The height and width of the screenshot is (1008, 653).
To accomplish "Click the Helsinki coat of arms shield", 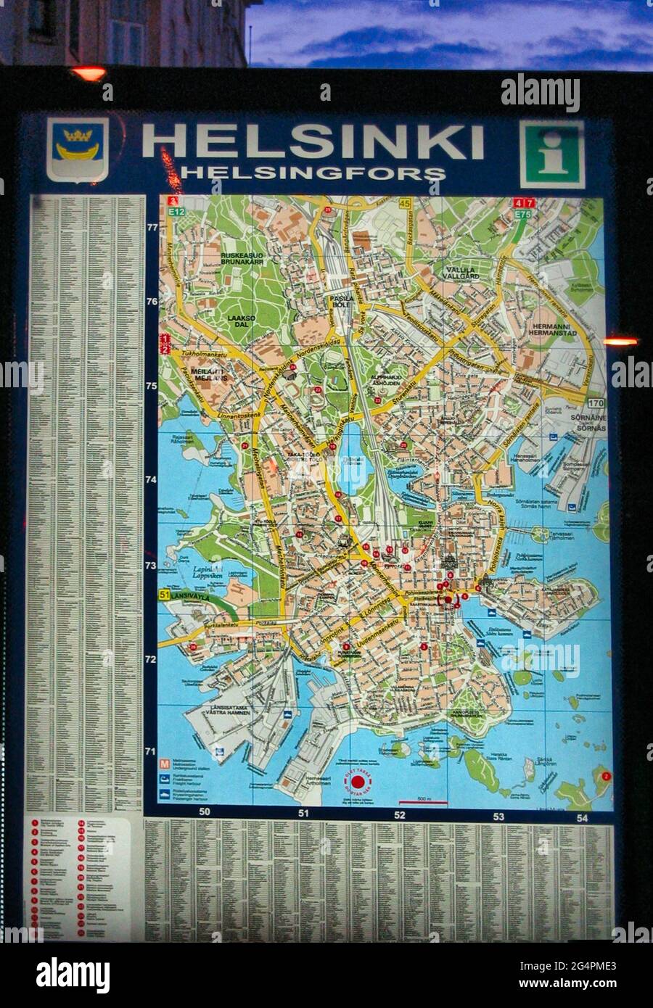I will pos(78,149).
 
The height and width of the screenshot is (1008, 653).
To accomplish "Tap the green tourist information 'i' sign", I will pos(551,154).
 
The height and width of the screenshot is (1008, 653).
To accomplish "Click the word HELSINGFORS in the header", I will pos(313,173).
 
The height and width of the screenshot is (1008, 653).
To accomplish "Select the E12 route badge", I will pos(173,211).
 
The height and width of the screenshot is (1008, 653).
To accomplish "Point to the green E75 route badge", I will pos(523,215).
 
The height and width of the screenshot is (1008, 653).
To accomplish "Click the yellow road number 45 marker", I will pos(404,203).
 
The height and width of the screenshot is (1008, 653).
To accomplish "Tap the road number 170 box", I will pos(596,403).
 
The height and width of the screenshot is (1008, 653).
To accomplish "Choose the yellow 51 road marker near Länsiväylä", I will pos(165,595).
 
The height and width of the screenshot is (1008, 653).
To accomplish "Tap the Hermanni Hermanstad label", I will pos(553,329).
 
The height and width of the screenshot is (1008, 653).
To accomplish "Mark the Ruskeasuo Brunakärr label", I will pos(241,259).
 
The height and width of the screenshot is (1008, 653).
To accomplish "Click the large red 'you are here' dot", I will pos(360,782).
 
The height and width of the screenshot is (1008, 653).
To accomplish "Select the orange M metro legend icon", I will pos(165,764).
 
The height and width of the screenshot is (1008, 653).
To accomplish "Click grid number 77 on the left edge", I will pos(152,227).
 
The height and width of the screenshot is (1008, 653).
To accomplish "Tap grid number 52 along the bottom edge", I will pos(400,814).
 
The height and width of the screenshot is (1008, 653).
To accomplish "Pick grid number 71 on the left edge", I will pos(151,751).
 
